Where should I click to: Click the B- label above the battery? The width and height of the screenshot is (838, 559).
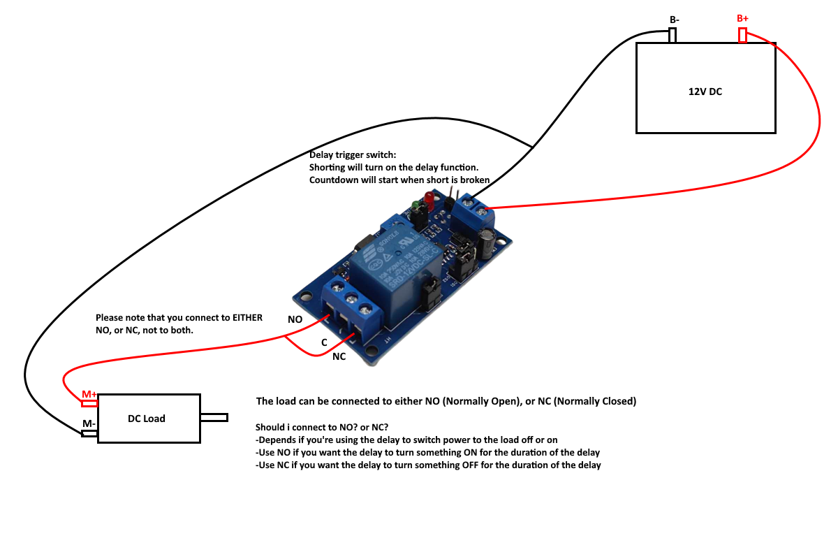tap(674, 20)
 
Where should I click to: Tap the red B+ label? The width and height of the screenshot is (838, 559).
tap(742, 18)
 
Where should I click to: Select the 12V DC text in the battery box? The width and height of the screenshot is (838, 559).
tap(705, 92)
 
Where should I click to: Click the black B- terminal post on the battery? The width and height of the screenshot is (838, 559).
tap(672, 35)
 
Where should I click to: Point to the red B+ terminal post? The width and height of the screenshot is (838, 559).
tap(742, 35)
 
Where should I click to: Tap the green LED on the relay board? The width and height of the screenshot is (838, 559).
tap(416, 205)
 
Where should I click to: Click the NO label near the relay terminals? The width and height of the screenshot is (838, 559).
tap(295, 320)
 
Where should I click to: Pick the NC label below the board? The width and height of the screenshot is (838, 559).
tap(339, 357)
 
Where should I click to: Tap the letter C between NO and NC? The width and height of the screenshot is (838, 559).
tap(324, 342)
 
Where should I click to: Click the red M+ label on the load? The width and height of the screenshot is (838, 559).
tap(89, 394)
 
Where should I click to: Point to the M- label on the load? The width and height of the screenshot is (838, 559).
tap(89, 423)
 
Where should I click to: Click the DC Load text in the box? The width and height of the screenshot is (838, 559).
tap(146, 419)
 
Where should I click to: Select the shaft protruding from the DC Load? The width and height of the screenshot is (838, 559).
tap(214, 417)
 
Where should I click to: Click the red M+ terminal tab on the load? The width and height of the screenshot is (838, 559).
tap(90, 404)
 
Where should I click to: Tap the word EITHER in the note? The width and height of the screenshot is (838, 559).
tap(247, 318)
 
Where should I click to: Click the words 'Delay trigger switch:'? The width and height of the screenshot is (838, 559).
tap(353, 155)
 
